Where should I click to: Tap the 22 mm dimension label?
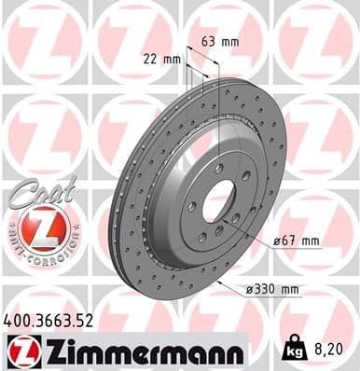click(x=165, y=59)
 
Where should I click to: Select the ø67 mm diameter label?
click(x=296, y=240)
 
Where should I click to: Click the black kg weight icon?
click(x=295, y=351)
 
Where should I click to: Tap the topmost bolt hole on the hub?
click(x=217, y=168)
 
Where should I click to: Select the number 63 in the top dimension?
click(x=209, y=41)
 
